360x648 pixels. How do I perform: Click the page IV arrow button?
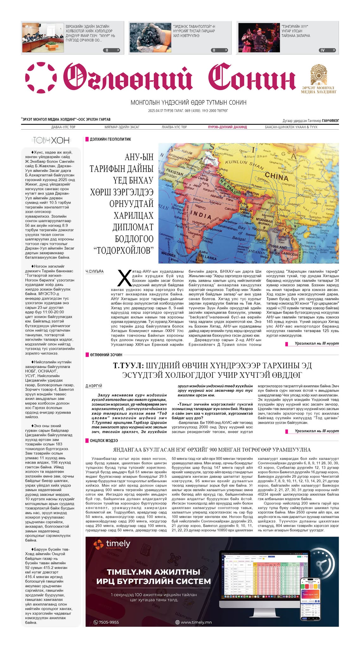click(327, 50)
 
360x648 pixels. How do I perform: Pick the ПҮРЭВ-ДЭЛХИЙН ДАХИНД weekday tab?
click(227, 127)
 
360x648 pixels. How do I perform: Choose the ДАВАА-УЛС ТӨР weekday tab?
click(63, 127)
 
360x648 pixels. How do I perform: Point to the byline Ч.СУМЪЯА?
click(94, 271)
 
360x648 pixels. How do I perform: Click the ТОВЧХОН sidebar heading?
click(51, 140)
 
